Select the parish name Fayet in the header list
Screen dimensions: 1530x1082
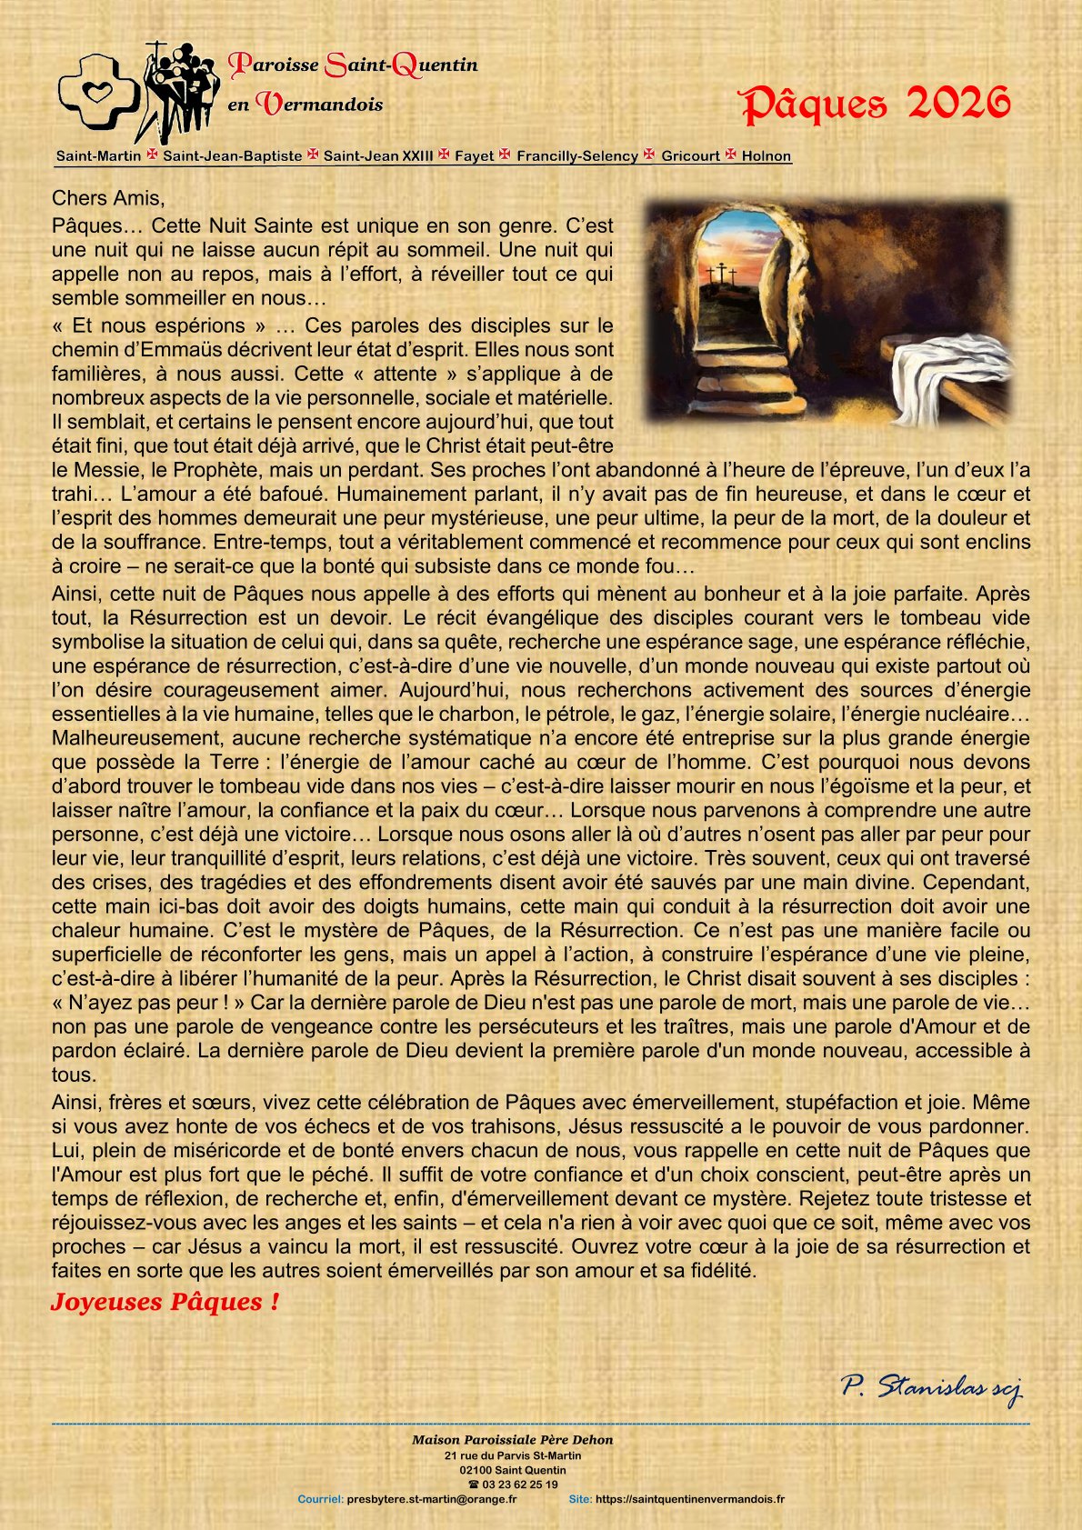pos(474,155)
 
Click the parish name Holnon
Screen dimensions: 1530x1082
pos(766,155)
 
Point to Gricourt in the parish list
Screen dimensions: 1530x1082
pos(690,155)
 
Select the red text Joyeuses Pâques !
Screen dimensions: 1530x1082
pos(165,1302)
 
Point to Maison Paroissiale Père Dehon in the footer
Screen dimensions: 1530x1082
pos(512,1440)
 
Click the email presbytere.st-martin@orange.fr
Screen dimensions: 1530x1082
pos(432,1499)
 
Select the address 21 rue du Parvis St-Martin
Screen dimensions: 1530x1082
pos(513,1455)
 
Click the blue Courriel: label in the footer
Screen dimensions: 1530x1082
pos(320,1499)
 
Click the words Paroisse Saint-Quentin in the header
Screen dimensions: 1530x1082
pos(353,65)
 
